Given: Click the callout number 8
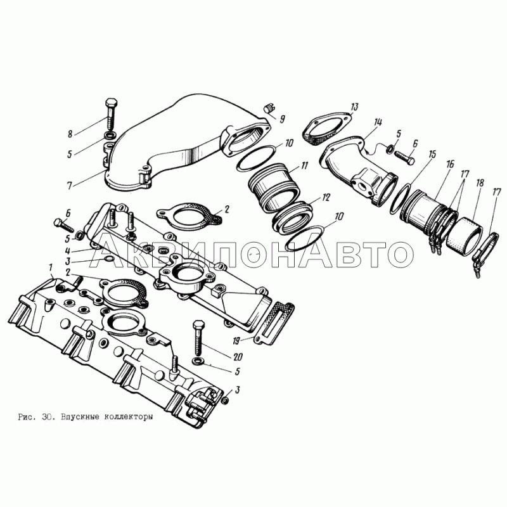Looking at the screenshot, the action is point(70,133).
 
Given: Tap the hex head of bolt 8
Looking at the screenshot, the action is point(112,103).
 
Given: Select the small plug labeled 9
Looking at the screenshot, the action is point(269,108).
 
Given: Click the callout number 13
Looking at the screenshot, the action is point(354,106).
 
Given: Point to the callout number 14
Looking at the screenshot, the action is point(378,122).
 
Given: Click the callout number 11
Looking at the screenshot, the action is point(304,165).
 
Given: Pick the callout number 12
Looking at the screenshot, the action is point(326,197).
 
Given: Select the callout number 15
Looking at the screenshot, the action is point(432,154).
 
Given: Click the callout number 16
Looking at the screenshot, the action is point(450,164).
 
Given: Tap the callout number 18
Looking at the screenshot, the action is point(480,183).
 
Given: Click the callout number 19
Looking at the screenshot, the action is point(236,340).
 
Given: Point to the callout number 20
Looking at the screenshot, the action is point(238,357).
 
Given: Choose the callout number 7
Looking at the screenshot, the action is point(69,186).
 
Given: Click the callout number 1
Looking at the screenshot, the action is point(51,267).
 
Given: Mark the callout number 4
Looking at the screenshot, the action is point(68,250).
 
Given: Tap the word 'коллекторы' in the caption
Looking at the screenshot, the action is point(128,417).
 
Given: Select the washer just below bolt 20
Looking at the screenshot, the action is point(197,360).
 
